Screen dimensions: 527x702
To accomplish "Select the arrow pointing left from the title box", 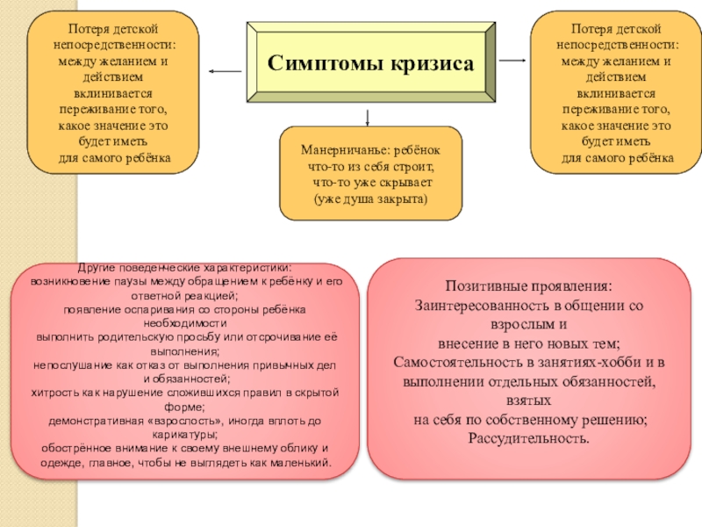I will [x=225, y=70].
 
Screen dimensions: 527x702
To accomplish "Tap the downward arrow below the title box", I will [x=367, y=116].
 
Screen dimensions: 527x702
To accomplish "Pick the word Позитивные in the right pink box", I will [x=487, y=287].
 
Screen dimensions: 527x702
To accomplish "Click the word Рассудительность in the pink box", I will [x=529, y=438].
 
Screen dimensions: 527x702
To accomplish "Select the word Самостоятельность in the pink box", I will [x=461, y=363].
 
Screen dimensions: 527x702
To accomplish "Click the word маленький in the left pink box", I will [x=301, y=462].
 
